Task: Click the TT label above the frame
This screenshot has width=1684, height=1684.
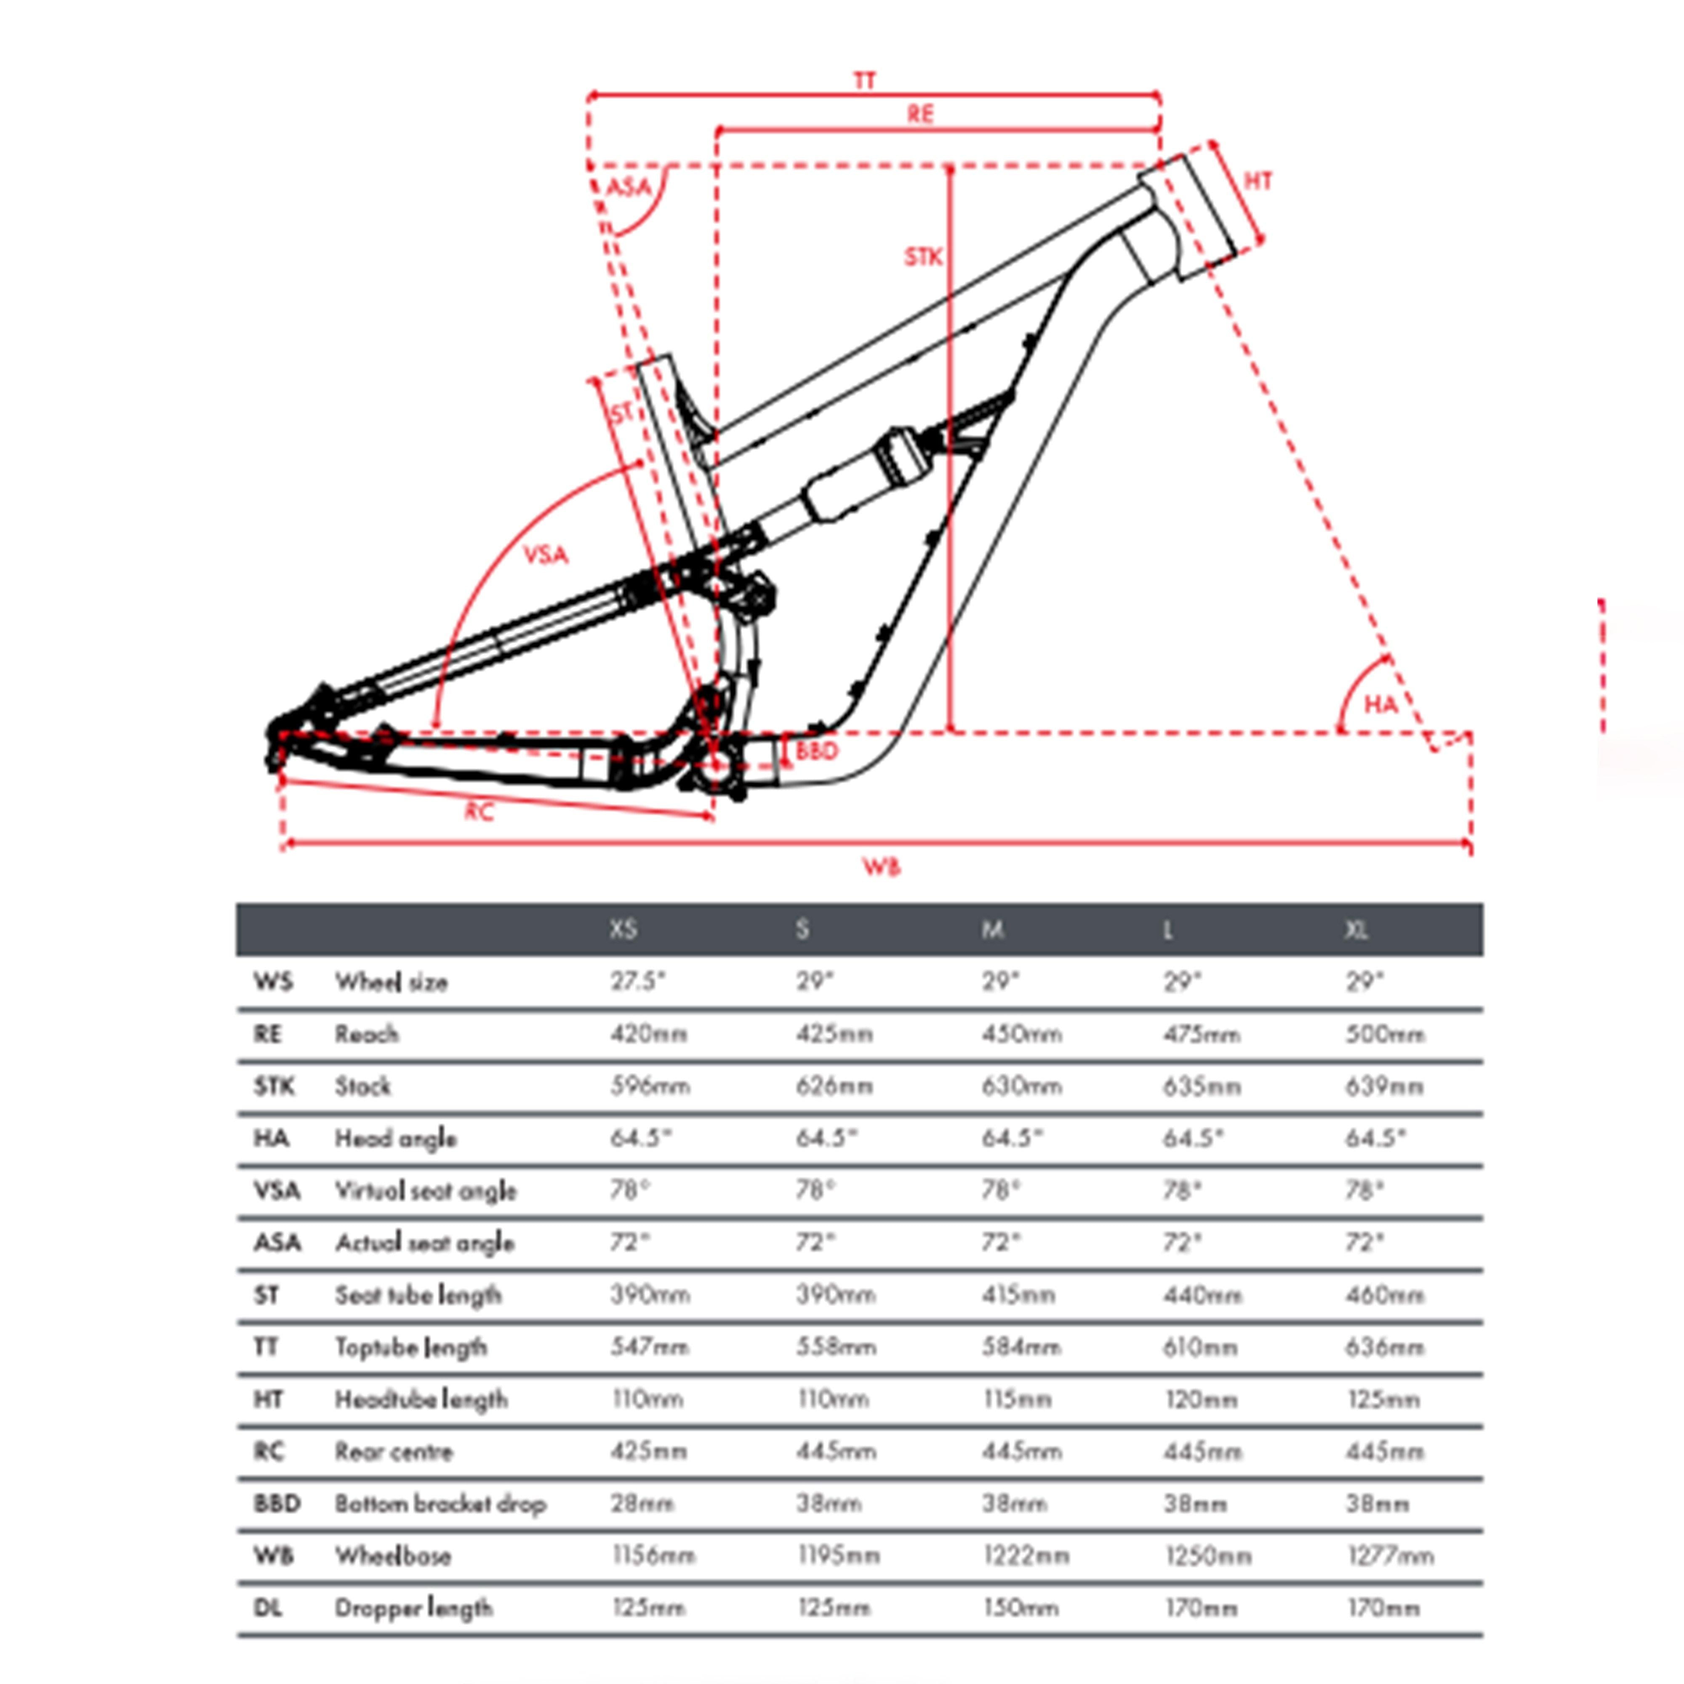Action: click(864, 81)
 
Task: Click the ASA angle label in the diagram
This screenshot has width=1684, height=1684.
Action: click(629, 187)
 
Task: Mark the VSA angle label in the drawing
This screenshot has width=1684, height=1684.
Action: click(546, 554)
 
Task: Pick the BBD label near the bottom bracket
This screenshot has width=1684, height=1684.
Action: click(817, 751)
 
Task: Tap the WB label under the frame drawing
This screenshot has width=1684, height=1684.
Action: click(881, 866)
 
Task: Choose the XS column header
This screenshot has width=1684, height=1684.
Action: click(623, 930)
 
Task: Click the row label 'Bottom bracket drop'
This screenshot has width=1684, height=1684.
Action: click(440, 1503)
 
